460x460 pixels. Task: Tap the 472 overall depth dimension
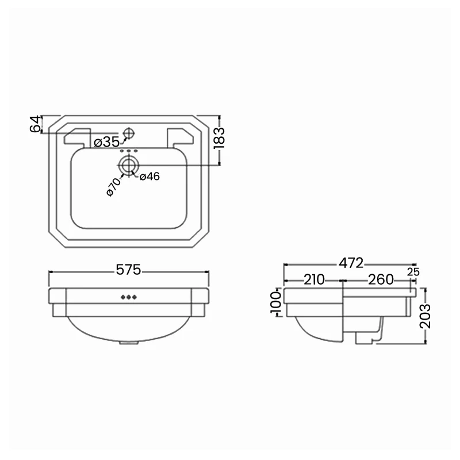pyautogui.click(x=351, y=263)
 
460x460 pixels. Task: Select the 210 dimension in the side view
pyautogui.click(x=313, y=280)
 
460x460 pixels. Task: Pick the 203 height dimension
pyautogui.click(x=425, y=315)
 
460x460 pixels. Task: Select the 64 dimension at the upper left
pyautogui.click(x=36, y=124)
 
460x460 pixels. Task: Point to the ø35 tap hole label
pyautogui.click(x=106, y=142)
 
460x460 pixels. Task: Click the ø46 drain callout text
pyautogui.click(x=149, y=177)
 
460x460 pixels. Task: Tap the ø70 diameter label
pyautogui.click(x=113, y=187)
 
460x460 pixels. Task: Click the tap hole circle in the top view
pyautogui.click(x=128, y=133)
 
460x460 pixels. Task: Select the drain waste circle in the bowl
pyautogui.click(x=128, y=166)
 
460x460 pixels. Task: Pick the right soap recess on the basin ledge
pyautogui.click(x=180, y=136)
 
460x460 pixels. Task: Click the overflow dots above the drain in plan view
pyautogui.click(x=129, y=151)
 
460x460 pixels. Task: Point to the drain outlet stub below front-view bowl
pyautogui.click(x=129, y=344)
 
